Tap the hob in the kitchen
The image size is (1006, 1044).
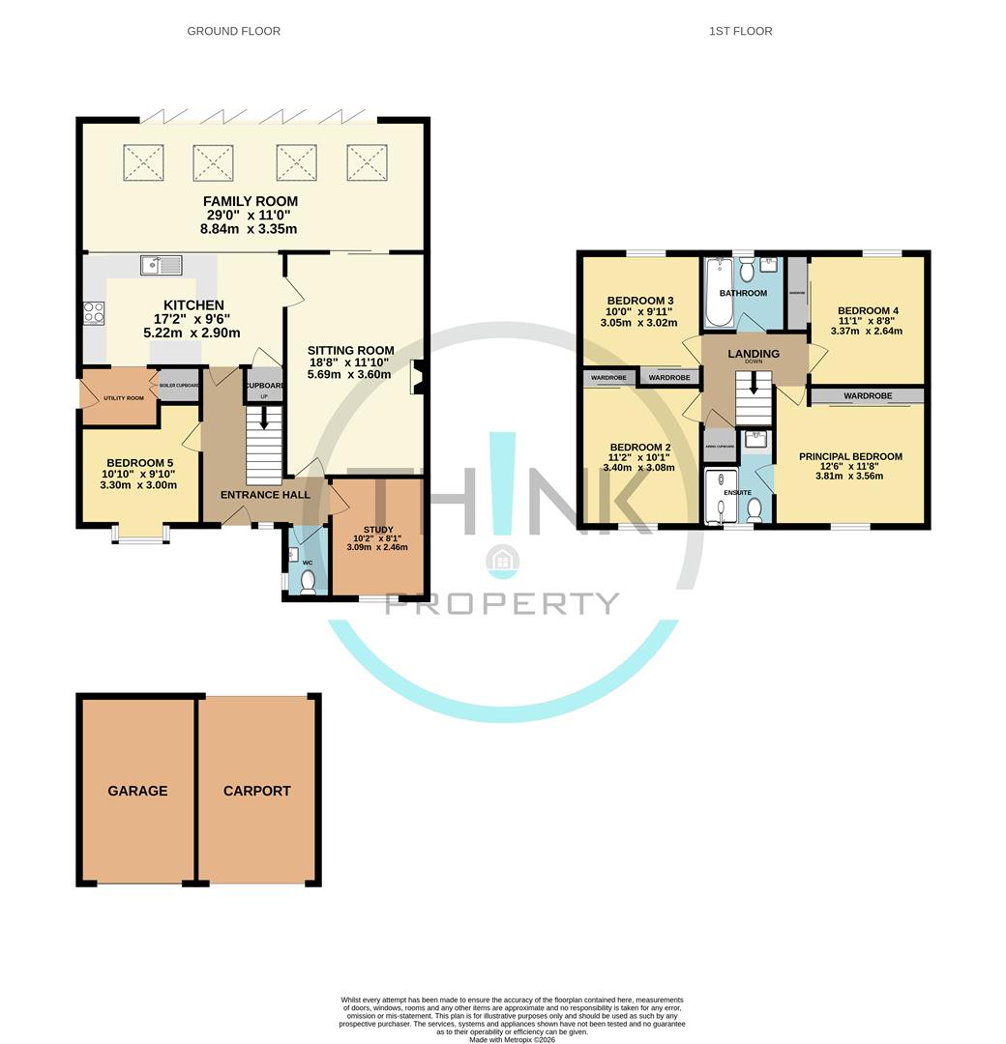pyautogui.click(x=95, y=312)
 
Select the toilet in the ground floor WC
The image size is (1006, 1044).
pyautogui.click(x=308, y=582)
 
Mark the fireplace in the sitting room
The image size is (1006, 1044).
pyautogui.click(x=417, y=377)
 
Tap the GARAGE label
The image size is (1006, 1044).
pyautogui.click(x=137, y=791)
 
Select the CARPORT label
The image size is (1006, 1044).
pyautogui.click(x=257, y=791)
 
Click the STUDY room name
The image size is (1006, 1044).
pyautogui.click(x=378, y=530)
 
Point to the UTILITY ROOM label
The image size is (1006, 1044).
pyautogui.click(x=123, y=398)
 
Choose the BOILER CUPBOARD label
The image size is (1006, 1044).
pyautogui.click(x=179, y=386)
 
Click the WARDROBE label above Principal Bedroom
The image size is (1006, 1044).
pyautogui.click(x=867, y=395)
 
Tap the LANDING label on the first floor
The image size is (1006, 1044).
pyautogui.click(x=754, y=354)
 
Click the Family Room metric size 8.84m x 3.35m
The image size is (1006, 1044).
pyautogui.click(x=249, y=229)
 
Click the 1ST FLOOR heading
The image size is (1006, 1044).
pyautogui.click(x=740, y=31)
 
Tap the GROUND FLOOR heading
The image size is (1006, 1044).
pyautogui.click(x=233, y=31)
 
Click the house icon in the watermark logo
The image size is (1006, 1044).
pyautogui.click(x=502, y=559)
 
